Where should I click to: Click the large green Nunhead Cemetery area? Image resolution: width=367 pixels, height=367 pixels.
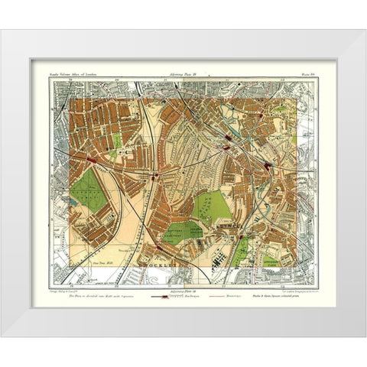91,191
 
